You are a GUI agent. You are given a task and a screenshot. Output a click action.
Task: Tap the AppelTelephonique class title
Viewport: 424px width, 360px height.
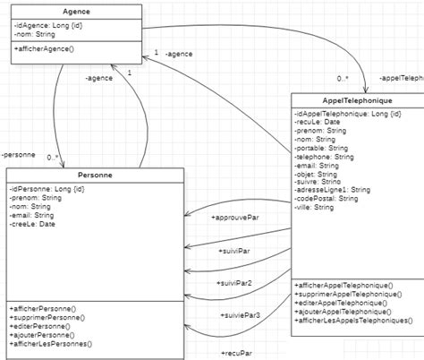(357, 100)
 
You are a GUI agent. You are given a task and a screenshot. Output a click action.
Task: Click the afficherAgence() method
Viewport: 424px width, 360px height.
(44, 47)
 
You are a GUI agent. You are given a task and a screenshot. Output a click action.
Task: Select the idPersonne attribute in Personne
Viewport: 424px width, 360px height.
(47, 189)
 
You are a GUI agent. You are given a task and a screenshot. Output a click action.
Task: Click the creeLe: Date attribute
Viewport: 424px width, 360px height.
(33, 224)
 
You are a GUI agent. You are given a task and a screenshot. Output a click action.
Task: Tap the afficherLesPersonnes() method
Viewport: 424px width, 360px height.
(52, 343)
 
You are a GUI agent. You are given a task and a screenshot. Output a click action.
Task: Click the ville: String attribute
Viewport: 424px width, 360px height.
(314, 207)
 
